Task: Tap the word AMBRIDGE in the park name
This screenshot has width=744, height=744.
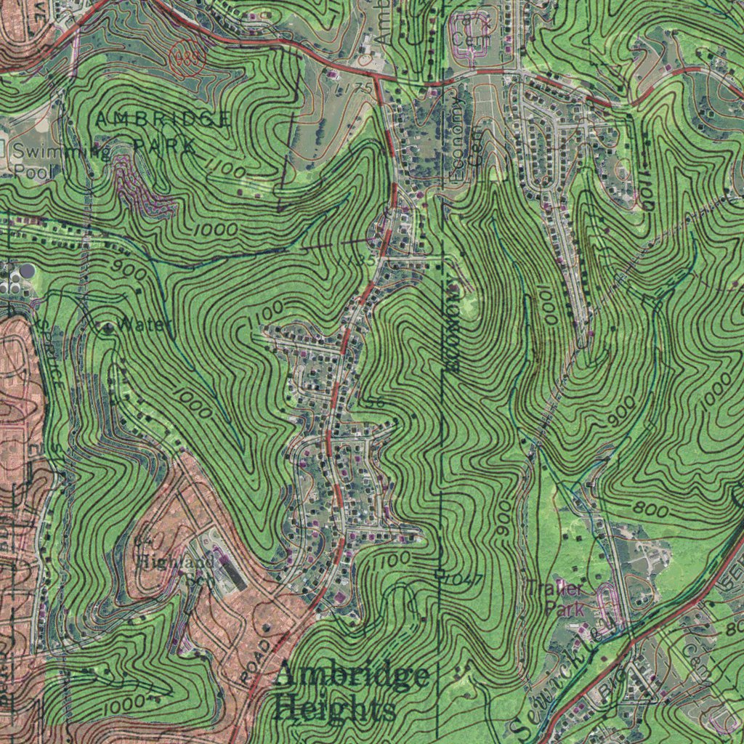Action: [163, 120]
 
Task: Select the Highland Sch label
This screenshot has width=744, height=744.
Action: [179, 568]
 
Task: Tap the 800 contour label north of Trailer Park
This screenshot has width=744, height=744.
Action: [650, 511]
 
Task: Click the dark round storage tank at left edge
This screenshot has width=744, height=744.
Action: [26, 271]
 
